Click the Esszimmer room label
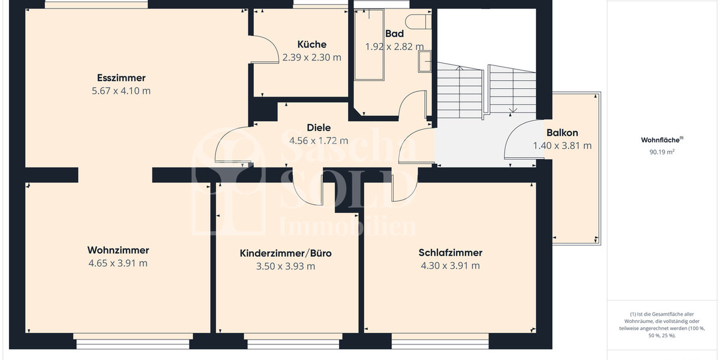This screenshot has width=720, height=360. coord(121,78)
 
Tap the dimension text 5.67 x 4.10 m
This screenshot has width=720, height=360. coord(121,91)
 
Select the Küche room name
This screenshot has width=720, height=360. coord(312,44)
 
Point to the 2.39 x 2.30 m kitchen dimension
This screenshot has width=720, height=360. coord(312,58)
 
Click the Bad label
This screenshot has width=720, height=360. coord(395,34)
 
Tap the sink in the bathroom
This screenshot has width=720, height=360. coord(425,61)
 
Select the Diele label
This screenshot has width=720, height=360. coord(319,127)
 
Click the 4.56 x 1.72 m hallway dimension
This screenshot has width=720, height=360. coord(319,141)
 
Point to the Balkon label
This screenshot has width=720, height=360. coord(562,133)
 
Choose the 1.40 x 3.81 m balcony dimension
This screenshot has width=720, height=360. coord(562,146)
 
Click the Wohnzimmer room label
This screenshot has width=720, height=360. coord(118,250)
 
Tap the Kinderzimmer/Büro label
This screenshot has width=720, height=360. coord(286,253)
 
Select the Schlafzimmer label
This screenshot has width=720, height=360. coord(451,253)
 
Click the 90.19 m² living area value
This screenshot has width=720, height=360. coord(662,152)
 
